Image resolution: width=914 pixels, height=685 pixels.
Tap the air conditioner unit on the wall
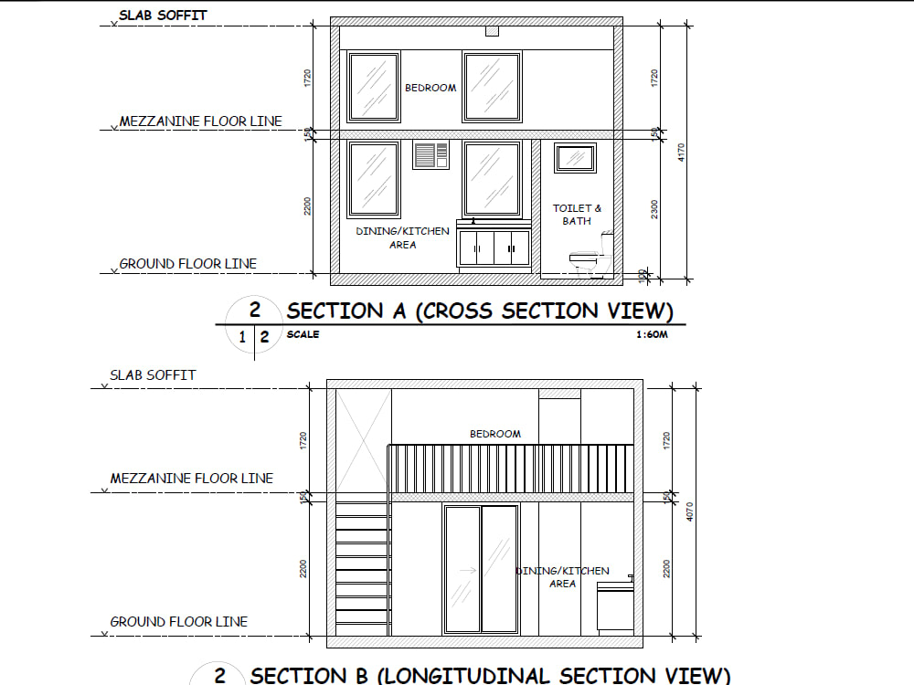[431, 155]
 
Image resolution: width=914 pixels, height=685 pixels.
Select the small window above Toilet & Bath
[576, 158]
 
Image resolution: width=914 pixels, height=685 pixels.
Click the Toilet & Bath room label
[578, 215]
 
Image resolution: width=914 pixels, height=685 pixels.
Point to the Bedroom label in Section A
[430, 88]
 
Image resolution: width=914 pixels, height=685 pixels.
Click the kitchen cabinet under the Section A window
[494, 248]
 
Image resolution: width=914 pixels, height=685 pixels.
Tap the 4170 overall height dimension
[680, 153]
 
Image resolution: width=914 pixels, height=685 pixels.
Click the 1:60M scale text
[653, 335]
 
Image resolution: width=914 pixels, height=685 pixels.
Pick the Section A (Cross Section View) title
[480, 311]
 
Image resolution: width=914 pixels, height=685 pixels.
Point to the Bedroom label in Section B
[495, 434]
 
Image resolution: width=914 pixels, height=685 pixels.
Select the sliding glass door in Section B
[481, 568]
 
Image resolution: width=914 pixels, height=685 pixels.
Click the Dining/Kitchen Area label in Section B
[563, 577]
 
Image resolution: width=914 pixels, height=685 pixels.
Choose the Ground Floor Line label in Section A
[187, 264]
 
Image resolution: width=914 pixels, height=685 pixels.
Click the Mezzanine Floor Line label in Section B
[191, 479]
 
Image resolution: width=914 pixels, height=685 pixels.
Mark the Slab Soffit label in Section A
[163, 16]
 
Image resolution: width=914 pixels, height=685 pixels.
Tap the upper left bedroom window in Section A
[374, 87]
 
